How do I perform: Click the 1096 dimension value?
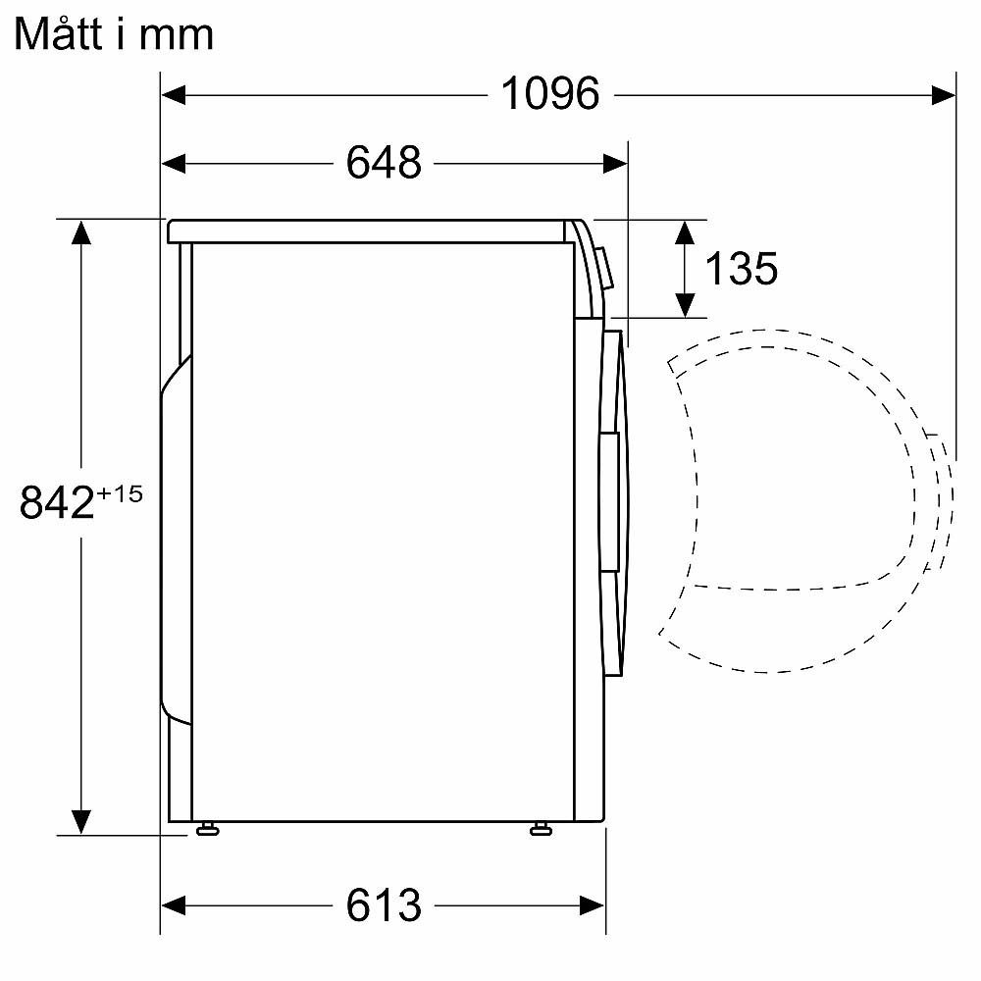click(549, 94)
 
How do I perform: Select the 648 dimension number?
click(384, 163)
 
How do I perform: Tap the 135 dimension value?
click(742, 268)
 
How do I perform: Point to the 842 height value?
click(57, 504)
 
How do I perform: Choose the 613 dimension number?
click(384, 904)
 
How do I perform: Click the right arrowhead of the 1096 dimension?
click(943, 94)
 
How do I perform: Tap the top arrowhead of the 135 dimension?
click(685, 232)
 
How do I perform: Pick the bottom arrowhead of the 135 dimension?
click(685, 305)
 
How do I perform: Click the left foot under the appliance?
click(206, 830)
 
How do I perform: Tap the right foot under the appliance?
click(540, 830)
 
